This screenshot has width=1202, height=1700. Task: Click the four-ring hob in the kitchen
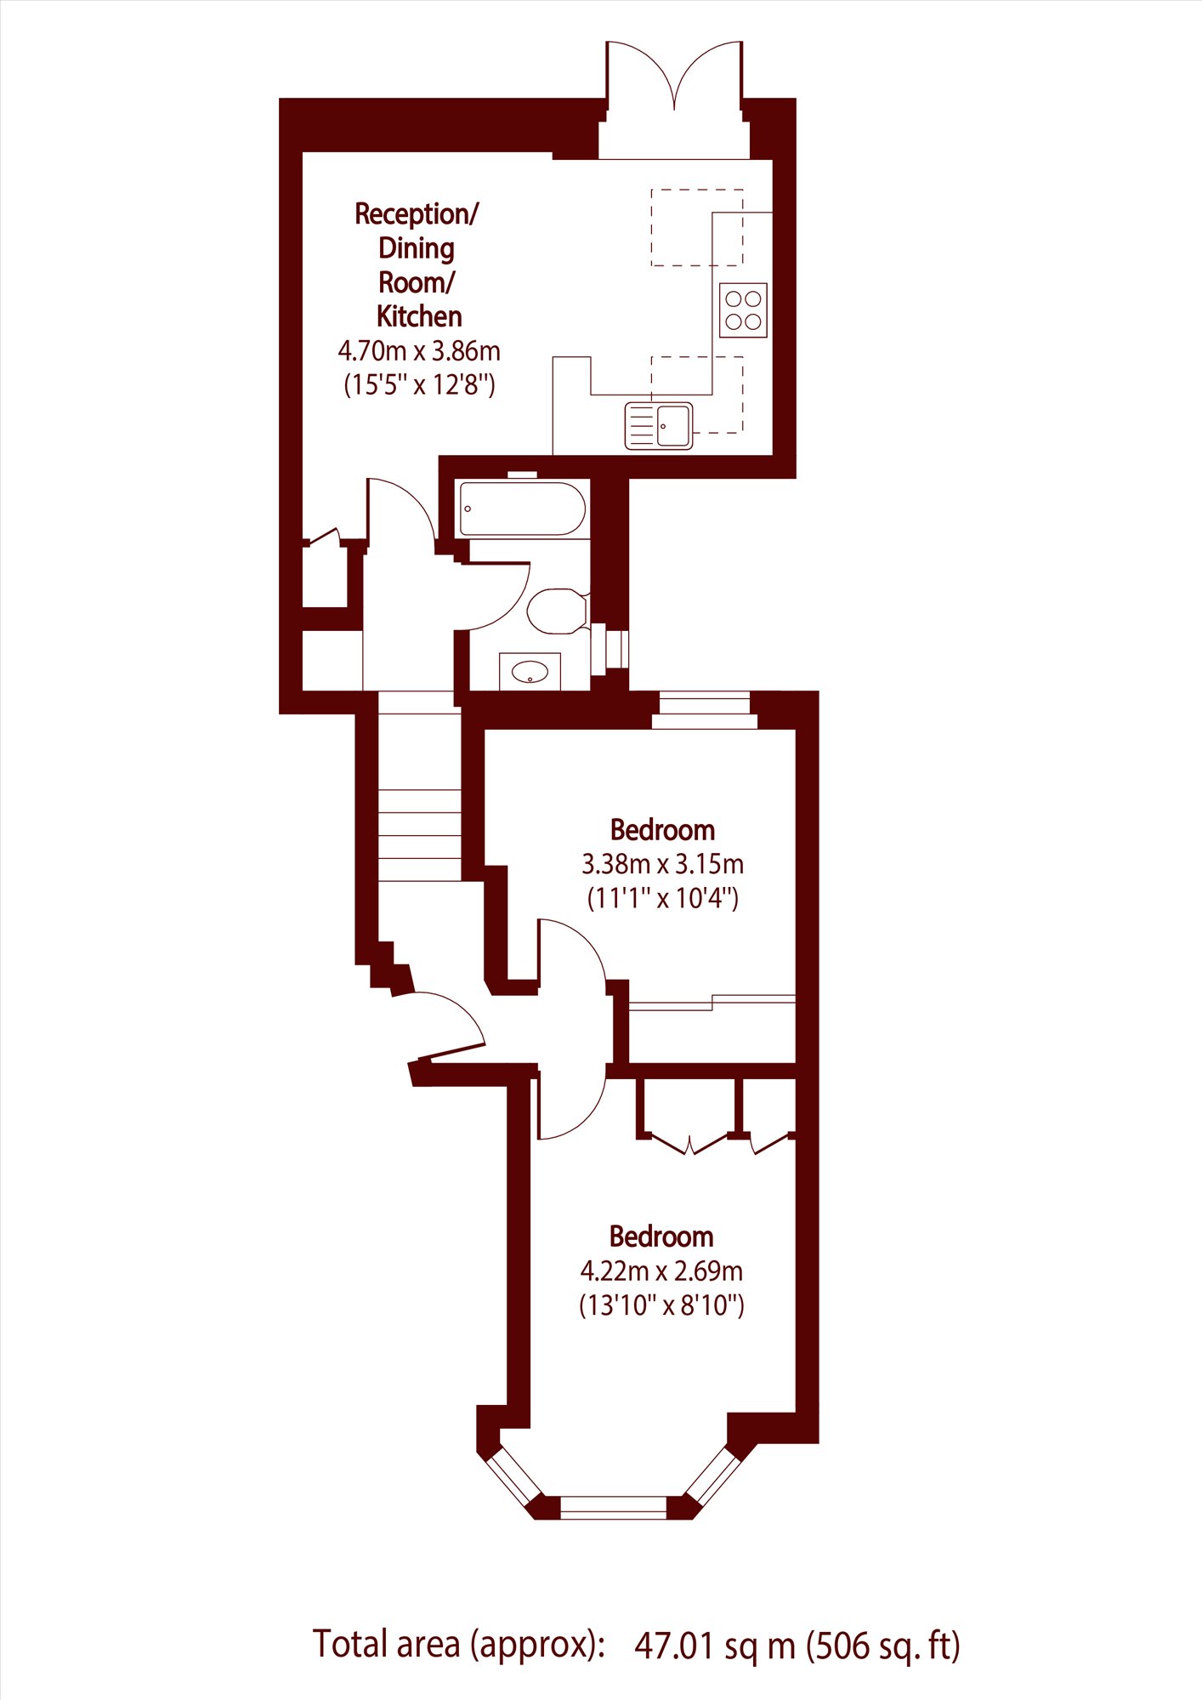pyautogui.click(x=743, y=310)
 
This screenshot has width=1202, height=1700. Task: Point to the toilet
pyautogui.click(x=558, y=611)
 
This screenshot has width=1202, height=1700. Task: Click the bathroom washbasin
pyautogui.click(x=530, y=672)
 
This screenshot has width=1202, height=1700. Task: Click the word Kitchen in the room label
pyautogui.click(x=419, y=316)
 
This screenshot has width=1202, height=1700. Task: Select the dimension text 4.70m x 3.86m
pyautogui.click(x=419, y=350)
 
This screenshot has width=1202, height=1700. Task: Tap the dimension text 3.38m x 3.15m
pyautogui.click(x=662, y=864)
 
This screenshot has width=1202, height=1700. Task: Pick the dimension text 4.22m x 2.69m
pyautogui.click(x=661, y=1271)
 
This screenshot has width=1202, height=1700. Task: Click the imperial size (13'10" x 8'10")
pyautogui.click(x=661, y=1305)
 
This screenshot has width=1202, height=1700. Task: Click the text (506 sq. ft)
pyautogui.click(x=883, y=1646)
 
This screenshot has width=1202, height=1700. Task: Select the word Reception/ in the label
pyautogui.click(x=417, y=214)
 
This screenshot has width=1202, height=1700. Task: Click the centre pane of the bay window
pyautogui.click(x=614, y=1508)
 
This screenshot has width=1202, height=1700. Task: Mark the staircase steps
pyautogui.click(x=420, y=786)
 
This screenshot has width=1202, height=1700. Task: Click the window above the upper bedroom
pyautogui.click(x=705, y=711)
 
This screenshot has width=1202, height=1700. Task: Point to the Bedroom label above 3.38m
pyautogui.click(x=662, y=830)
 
